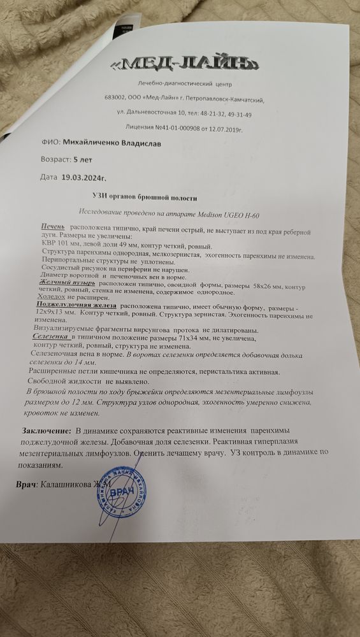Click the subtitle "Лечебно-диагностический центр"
pyautogui.click(x=185, y=84)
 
